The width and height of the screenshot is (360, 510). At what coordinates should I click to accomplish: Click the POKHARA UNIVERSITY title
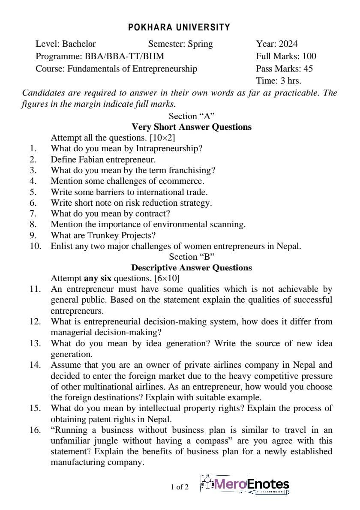179,27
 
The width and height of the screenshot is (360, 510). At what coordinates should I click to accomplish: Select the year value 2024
288,44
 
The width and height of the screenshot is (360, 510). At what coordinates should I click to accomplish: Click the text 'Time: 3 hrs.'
279,81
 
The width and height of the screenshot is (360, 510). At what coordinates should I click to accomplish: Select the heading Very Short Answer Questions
192,127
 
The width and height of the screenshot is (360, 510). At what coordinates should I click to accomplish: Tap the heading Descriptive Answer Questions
192,267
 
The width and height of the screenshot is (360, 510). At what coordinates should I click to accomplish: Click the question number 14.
35,365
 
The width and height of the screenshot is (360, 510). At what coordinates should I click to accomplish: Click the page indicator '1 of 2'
180,486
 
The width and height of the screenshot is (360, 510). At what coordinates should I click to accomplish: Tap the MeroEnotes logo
245,485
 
